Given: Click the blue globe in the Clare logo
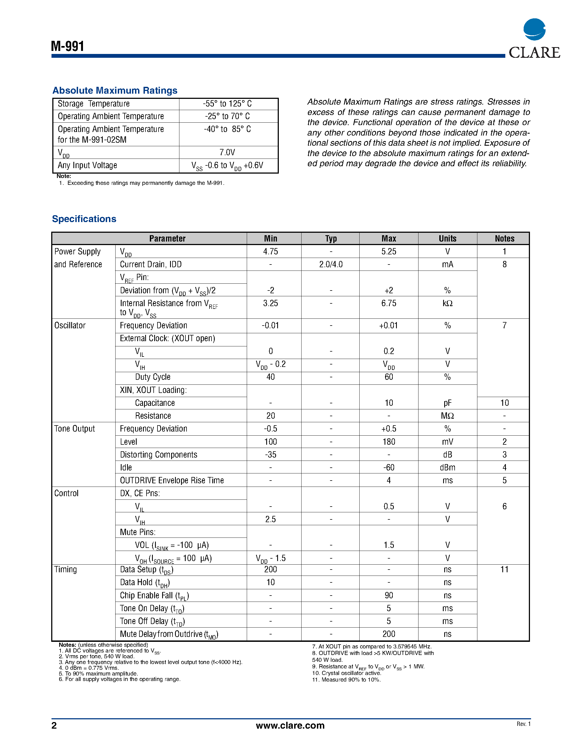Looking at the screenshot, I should pyautogui.click(x=534, y=29).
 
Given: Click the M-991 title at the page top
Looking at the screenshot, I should pyautogui.click(x=68, y=46).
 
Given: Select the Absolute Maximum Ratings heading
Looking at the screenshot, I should pyautogui.click(x=114, y=90).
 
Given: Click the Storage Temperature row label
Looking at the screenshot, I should pyautogui.click(x=93, y=104).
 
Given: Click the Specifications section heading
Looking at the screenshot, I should pyautogui.click(x=84, y=219).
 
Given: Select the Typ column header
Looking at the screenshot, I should pyautogui.click(x=331, y=238).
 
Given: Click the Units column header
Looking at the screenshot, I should pyautogui.click(x=447, y=238).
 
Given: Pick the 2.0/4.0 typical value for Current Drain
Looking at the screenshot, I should pyautogui.click(x=331, y=265).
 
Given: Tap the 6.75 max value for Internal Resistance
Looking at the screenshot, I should pyautogui.click(x=389, y=303).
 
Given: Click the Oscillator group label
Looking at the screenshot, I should pyautogui.click(x=70, y=326).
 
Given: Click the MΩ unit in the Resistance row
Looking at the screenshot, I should pyautogui.click(x=447, y=416).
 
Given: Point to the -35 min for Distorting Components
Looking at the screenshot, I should pyautogui.click(x=270, y=455).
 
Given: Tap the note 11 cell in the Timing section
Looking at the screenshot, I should pyautogui.click(x=504, y=570).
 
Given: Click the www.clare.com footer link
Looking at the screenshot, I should pyautogui.click(x=290, y=725).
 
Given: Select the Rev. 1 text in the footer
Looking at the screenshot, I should pyautogui.click(x=523, y=724).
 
